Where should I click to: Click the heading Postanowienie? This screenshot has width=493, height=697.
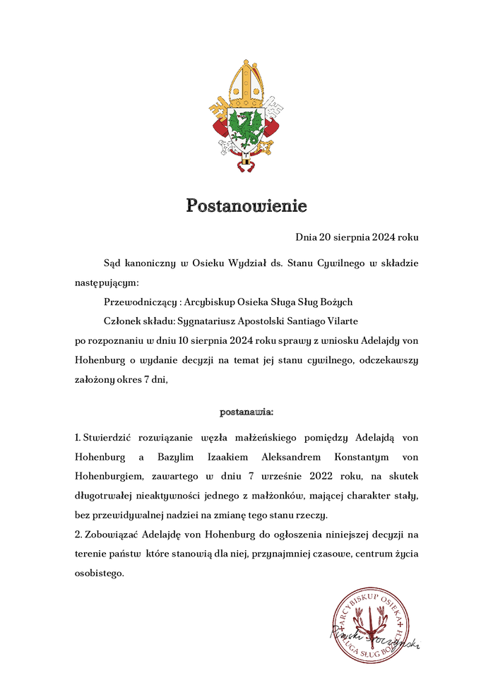coord(246,206)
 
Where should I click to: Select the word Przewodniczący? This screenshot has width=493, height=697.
coord(140,302)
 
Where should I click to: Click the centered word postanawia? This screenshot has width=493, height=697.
coord(246,410)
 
